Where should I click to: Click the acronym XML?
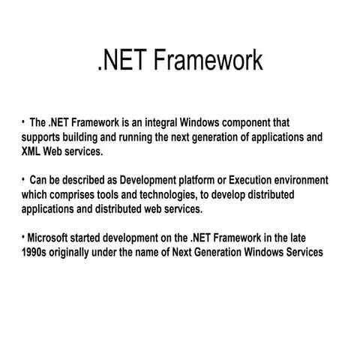[34, 151]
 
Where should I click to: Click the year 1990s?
[36, 252]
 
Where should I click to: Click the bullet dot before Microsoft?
[23, 237]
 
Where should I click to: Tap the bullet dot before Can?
[23, 179]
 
